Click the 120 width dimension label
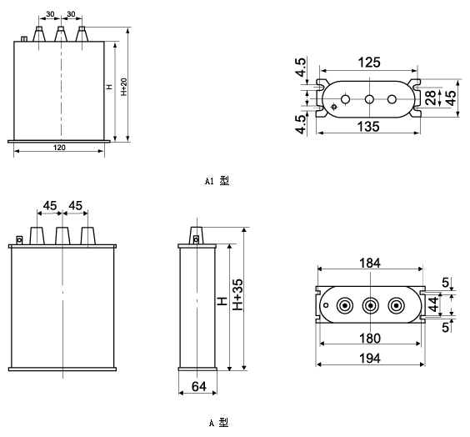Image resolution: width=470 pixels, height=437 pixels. (x=59, y=148)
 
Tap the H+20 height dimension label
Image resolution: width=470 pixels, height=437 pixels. (x=124, y=87)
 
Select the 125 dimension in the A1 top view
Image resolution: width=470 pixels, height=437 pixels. (x=369, y=63)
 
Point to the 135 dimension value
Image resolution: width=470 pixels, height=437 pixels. (x=368, y=126)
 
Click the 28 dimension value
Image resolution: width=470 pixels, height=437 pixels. (x=431, y=98)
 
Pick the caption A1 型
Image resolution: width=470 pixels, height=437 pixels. (x=217, y=181)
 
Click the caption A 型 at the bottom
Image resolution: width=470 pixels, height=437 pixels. (x=219, y=423)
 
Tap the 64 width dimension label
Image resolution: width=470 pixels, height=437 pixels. (x=198, y=387)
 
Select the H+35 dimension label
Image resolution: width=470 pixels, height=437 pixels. (x=238, y=294)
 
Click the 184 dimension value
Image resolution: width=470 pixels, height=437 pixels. (x=370, y=263)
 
